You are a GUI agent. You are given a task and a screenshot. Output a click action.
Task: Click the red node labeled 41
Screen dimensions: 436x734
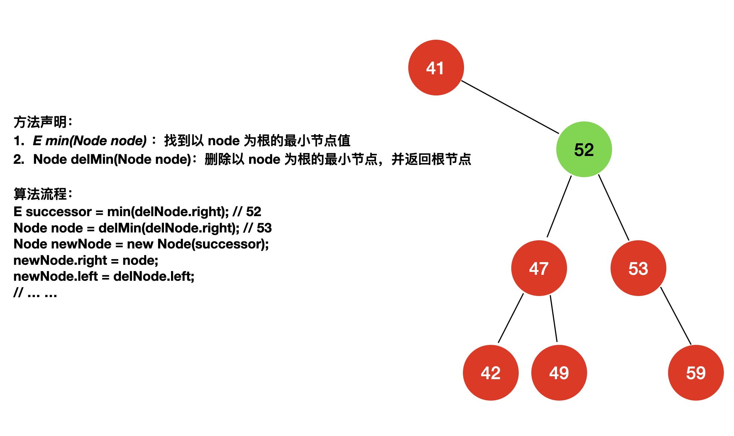pos(436,68)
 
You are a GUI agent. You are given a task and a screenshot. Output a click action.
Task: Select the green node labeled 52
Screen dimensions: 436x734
pos(584,149)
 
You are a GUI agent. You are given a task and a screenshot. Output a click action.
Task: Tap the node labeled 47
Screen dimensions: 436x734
pos(539,268)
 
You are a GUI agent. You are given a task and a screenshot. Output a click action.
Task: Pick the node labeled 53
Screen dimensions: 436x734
pos(638,268)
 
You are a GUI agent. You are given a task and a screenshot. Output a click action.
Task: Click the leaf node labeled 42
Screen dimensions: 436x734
pos(490,372)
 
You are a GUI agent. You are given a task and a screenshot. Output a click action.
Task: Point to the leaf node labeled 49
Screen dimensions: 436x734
pos(559,372)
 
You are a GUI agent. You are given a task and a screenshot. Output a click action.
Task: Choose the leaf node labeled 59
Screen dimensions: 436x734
pos(696,372)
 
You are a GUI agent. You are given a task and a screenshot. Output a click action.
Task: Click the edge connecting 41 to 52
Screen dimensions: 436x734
pos(510,107)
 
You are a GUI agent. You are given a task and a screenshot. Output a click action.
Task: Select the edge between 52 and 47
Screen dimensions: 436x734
pos(559,206)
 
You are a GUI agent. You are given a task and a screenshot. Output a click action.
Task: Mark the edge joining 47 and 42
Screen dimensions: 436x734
pos(511,318)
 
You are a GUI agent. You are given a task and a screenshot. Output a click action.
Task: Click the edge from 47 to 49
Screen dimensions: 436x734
pos(554,318)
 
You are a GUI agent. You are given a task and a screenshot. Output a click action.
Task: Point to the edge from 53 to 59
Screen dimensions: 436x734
pos(676,316)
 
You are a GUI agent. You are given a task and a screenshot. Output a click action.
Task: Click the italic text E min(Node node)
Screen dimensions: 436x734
pos(90,141)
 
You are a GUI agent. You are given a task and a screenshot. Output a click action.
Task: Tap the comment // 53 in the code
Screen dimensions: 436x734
pos(258,228)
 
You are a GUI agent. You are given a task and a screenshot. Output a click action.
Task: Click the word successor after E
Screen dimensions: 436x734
pos(58,212)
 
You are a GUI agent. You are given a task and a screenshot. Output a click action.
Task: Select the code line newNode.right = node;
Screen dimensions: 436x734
pos(86,260)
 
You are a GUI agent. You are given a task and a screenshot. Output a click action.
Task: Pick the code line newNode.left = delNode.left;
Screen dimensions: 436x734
pos(104,276)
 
